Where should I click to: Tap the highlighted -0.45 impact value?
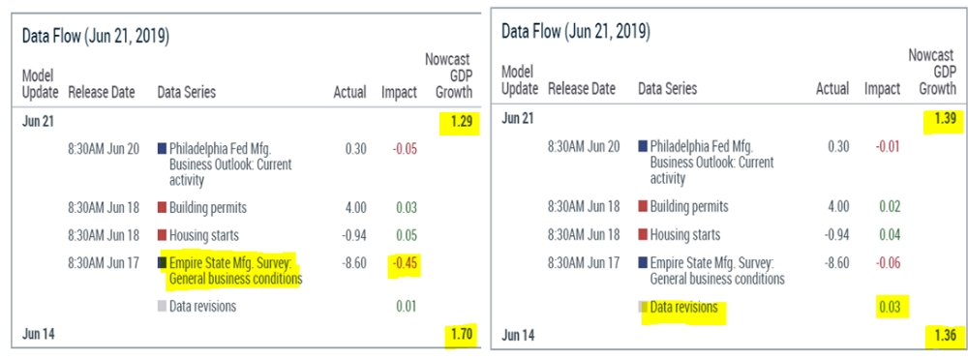tap(404, 263)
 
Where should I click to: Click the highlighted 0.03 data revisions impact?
tap(891, 307)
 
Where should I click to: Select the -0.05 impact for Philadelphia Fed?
tap(405, 149)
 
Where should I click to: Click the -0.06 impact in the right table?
tap(888, 262)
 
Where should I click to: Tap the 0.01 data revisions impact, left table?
tap(407, 306)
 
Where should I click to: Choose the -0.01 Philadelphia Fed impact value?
tap(888, 146)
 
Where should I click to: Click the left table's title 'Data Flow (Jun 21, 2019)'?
tap(96, 36)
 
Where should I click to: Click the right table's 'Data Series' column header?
tap(667, 89)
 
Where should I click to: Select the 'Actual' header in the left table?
tap(350, 93)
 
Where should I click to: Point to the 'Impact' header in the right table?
tap(882, 89)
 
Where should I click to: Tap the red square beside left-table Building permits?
tap(163, 207)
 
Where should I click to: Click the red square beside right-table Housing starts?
tap(643, 234)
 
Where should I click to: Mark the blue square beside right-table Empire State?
tap(643, 262)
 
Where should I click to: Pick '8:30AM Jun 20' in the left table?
tap(105, 149)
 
